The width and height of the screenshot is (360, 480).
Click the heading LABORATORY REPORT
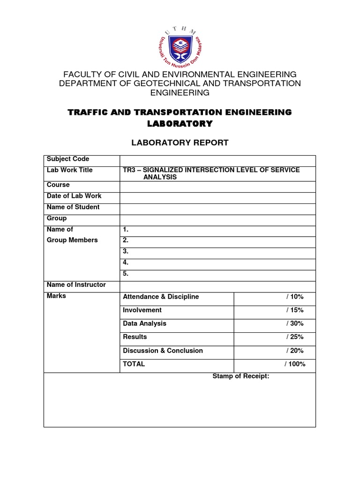coord(180,142)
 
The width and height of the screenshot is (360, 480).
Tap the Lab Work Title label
coord(70,170)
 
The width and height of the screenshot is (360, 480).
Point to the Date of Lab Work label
coord(74,196)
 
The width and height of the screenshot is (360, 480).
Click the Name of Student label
coord(73,207)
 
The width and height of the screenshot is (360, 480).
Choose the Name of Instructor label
coord(76,285)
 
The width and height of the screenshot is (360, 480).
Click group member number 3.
coord(126,251)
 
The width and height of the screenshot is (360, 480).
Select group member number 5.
coord(126,274)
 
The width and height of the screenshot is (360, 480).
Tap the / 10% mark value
coord(294,297)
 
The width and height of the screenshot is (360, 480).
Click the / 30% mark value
coord(294,323)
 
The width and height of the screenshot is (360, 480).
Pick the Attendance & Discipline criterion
coord(161,297)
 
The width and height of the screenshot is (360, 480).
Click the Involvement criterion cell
coord(142,310)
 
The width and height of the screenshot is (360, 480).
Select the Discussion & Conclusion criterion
coord(163,351)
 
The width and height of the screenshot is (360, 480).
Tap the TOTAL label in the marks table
coord(134,364)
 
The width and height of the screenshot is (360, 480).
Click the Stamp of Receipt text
coord(240,376)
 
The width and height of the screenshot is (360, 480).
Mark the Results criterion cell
coord(135,337)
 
